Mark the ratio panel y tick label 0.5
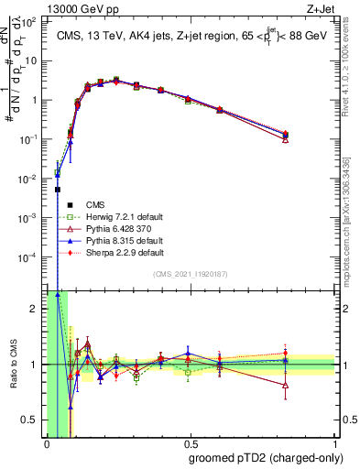click(31, 420)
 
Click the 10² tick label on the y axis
click(32, 21)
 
